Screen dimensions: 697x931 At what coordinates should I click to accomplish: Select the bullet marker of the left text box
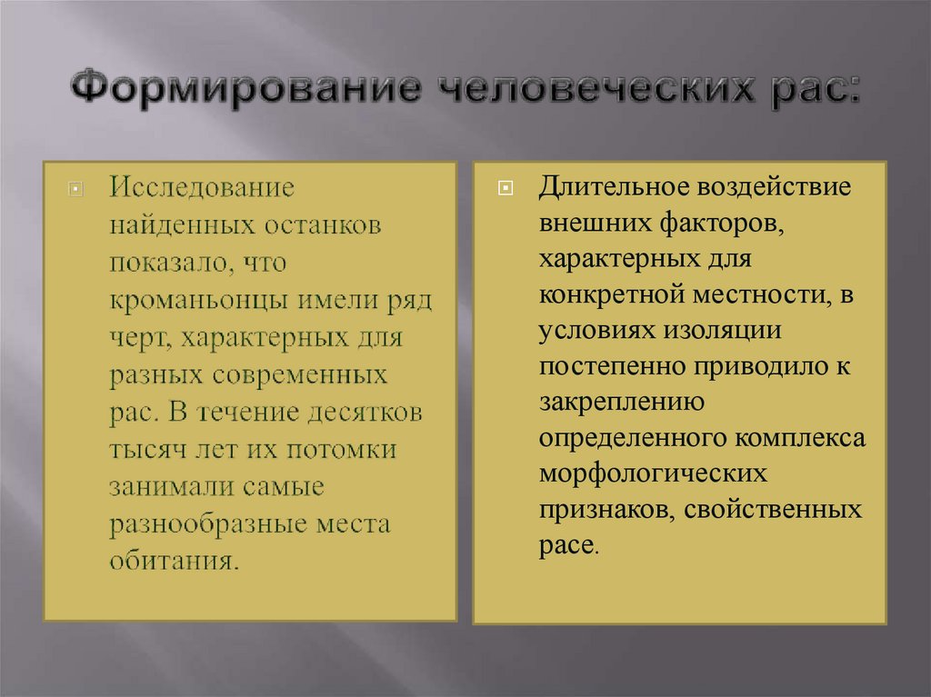point(75,190)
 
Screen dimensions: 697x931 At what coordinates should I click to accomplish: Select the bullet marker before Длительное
point(506,190)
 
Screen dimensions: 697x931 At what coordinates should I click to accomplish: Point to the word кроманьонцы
point(185,301)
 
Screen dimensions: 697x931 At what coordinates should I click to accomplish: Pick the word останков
point(323,226)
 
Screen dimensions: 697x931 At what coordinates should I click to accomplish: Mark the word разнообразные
point(216,523)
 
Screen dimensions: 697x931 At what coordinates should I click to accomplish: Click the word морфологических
point(652,473)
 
